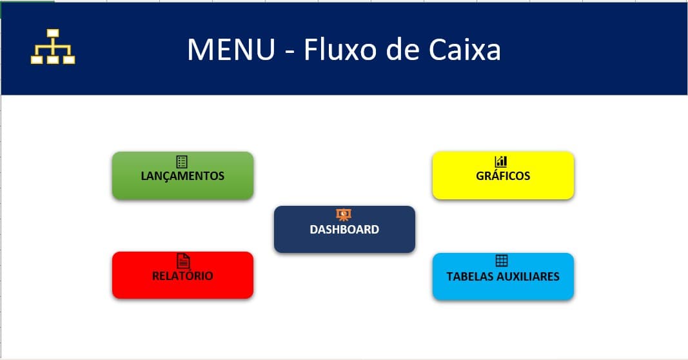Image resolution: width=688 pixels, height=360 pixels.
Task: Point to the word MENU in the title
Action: pyautogui.click(x=231, y=50)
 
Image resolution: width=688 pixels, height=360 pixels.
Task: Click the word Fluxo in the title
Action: pyautogui.click(x=342, y=50)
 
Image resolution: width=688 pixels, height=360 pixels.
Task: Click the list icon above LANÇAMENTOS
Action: pyautogui.click(x=182, y=161)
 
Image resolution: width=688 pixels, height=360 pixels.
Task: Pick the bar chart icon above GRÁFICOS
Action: pyautogui.click(x=502, y=161)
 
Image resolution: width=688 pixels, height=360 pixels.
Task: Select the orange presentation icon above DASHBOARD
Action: pyautogui.click(x=344, y=214)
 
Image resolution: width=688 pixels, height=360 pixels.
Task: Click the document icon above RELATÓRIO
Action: pyautogui.click(x=184, y=261)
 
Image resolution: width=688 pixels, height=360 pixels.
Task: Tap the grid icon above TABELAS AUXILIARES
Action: pyautogui.click(x=502, y=261)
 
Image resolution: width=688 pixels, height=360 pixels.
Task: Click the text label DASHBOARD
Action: pyautogui.click(x=344, y=230)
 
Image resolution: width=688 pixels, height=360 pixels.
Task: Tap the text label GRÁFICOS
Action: pyautogui.click(x=503, y=175)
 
